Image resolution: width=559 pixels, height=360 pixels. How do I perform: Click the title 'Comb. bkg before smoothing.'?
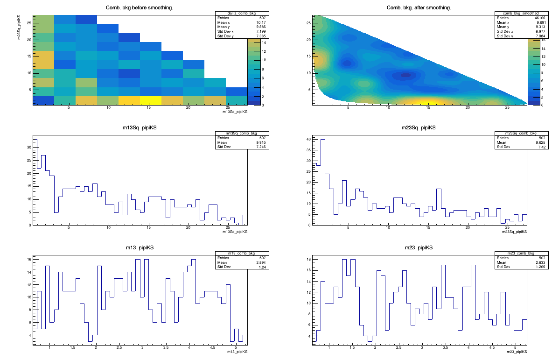point(140,7)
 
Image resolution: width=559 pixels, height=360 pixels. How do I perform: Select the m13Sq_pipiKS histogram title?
point(140,128)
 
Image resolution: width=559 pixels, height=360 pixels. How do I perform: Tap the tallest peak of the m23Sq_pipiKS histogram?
point(322,140)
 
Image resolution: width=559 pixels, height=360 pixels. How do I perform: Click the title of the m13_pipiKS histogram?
point(140,247)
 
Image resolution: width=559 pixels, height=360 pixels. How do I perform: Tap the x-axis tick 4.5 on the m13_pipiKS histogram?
point(212,348)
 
